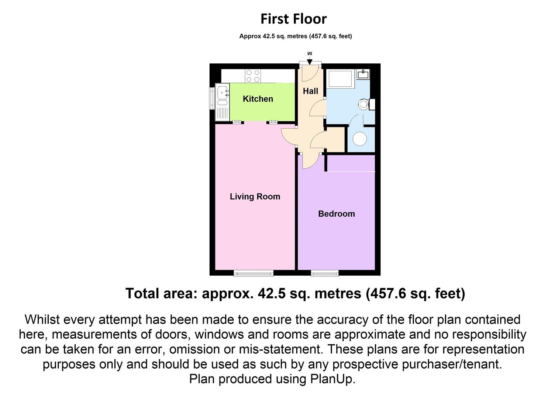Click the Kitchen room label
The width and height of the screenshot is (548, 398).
(x=258, y=99)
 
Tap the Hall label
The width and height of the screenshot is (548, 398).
(x=310, y=91)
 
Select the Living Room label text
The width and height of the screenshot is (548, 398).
(x=255, y=196)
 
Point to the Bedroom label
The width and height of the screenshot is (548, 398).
(x=336, y=214)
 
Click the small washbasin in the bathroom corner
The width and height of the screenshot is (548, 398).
(x=363, y=74)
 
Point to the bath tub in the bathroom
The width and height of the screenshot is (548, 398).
(x=340, y=79)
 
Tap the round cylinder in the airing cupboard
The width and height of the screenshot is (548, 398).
(x=360, y=139)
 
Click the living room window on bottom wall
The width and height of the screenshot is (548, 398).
(x=254, y=273)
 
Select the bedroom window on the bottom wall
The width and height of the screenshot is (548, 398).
(x=324, y=273)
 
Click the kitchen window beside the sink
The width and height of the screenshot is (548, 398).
(x=212, y=99)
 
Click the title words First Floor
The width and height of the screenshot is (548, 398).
(x=293, y=19)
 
